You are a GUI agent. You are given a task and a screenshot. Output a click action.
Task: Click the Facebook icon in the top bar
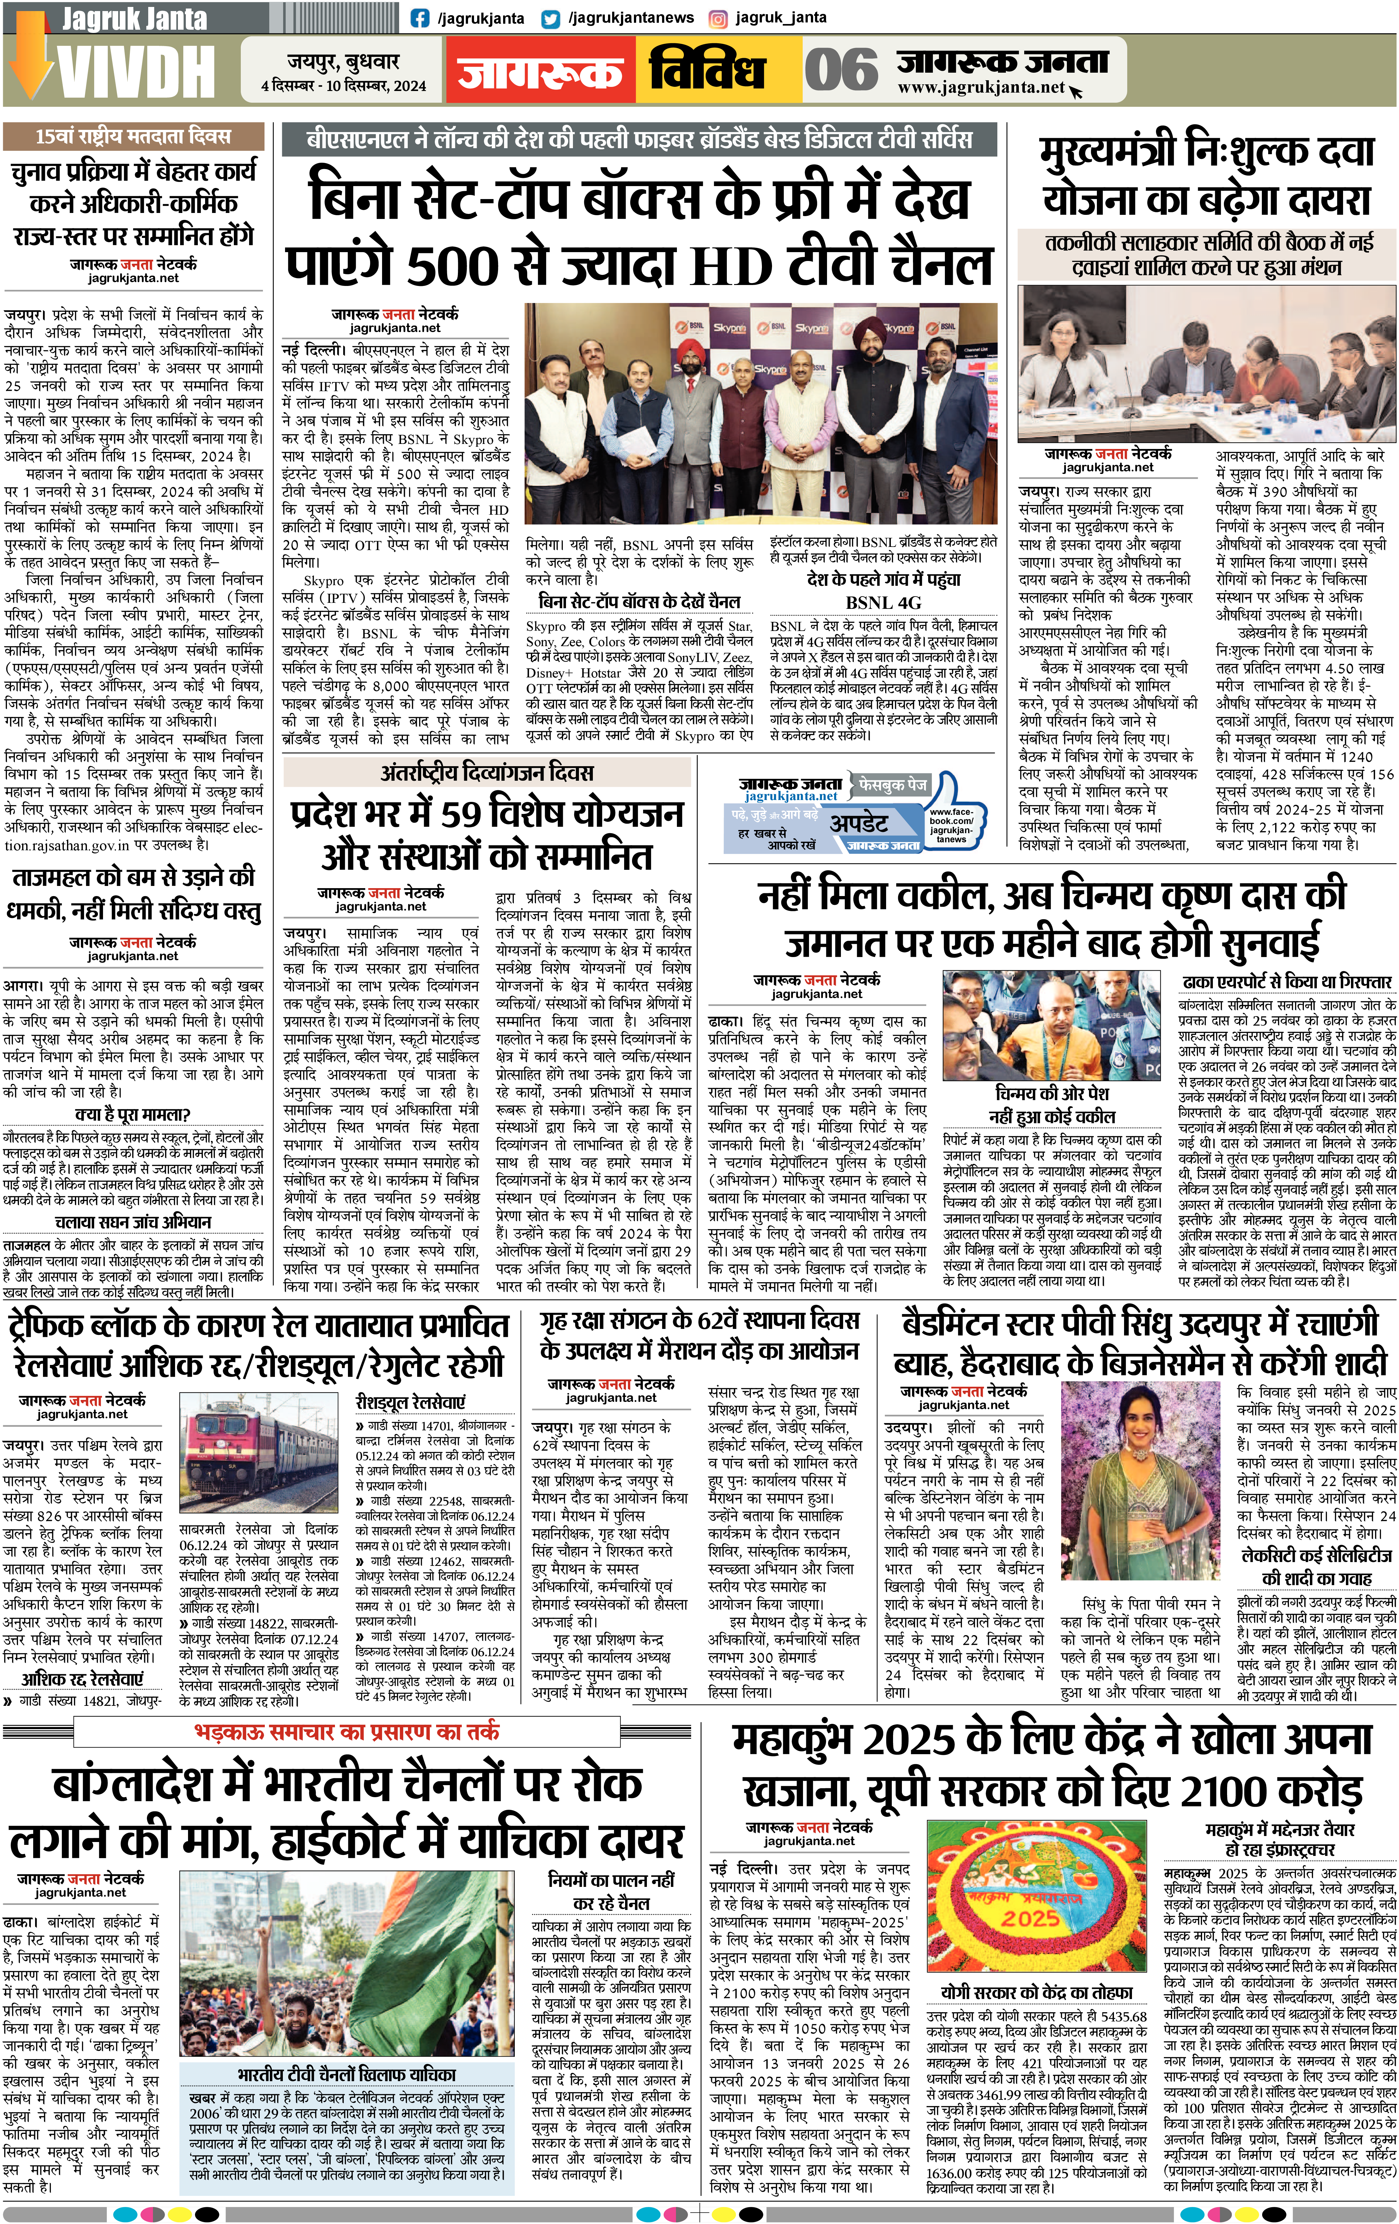click(x=420, y=18)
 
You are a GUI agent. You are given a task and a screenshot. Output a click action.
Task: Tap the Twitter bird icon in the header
click(x=552, y=18)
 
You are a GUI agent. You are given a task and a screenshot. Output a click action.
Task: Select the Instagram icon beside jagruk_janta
click(x=717, y=18)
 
